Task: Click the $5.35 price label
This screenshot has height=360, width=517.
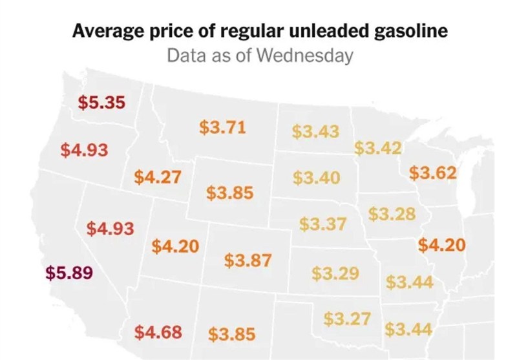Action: click(101, 102)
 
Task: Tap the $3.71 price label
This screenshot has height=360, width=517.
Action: click(222, 127)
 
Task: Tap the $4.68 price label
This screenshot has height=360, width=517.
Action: click(158, 332)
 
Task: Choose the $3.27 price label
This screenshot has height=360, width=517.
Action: click(346, 319)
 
